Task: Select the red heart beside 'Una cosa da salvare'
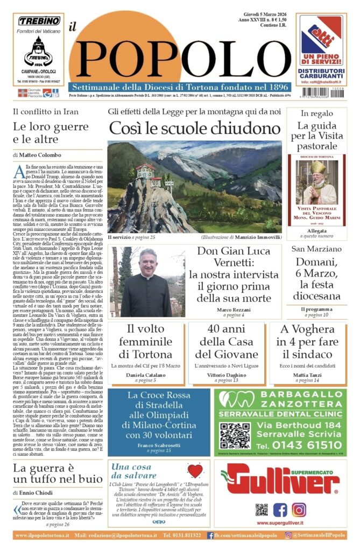coord(195,471)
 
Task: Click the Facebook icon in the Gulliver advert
coord(280,509)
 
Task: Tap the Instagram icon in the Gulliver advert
coord(299,509)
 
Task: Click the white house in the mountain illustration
coord(145,171)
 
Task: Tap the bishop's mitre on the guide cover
coord(317,167)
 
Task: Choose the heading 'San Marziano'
coord(316,249)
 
